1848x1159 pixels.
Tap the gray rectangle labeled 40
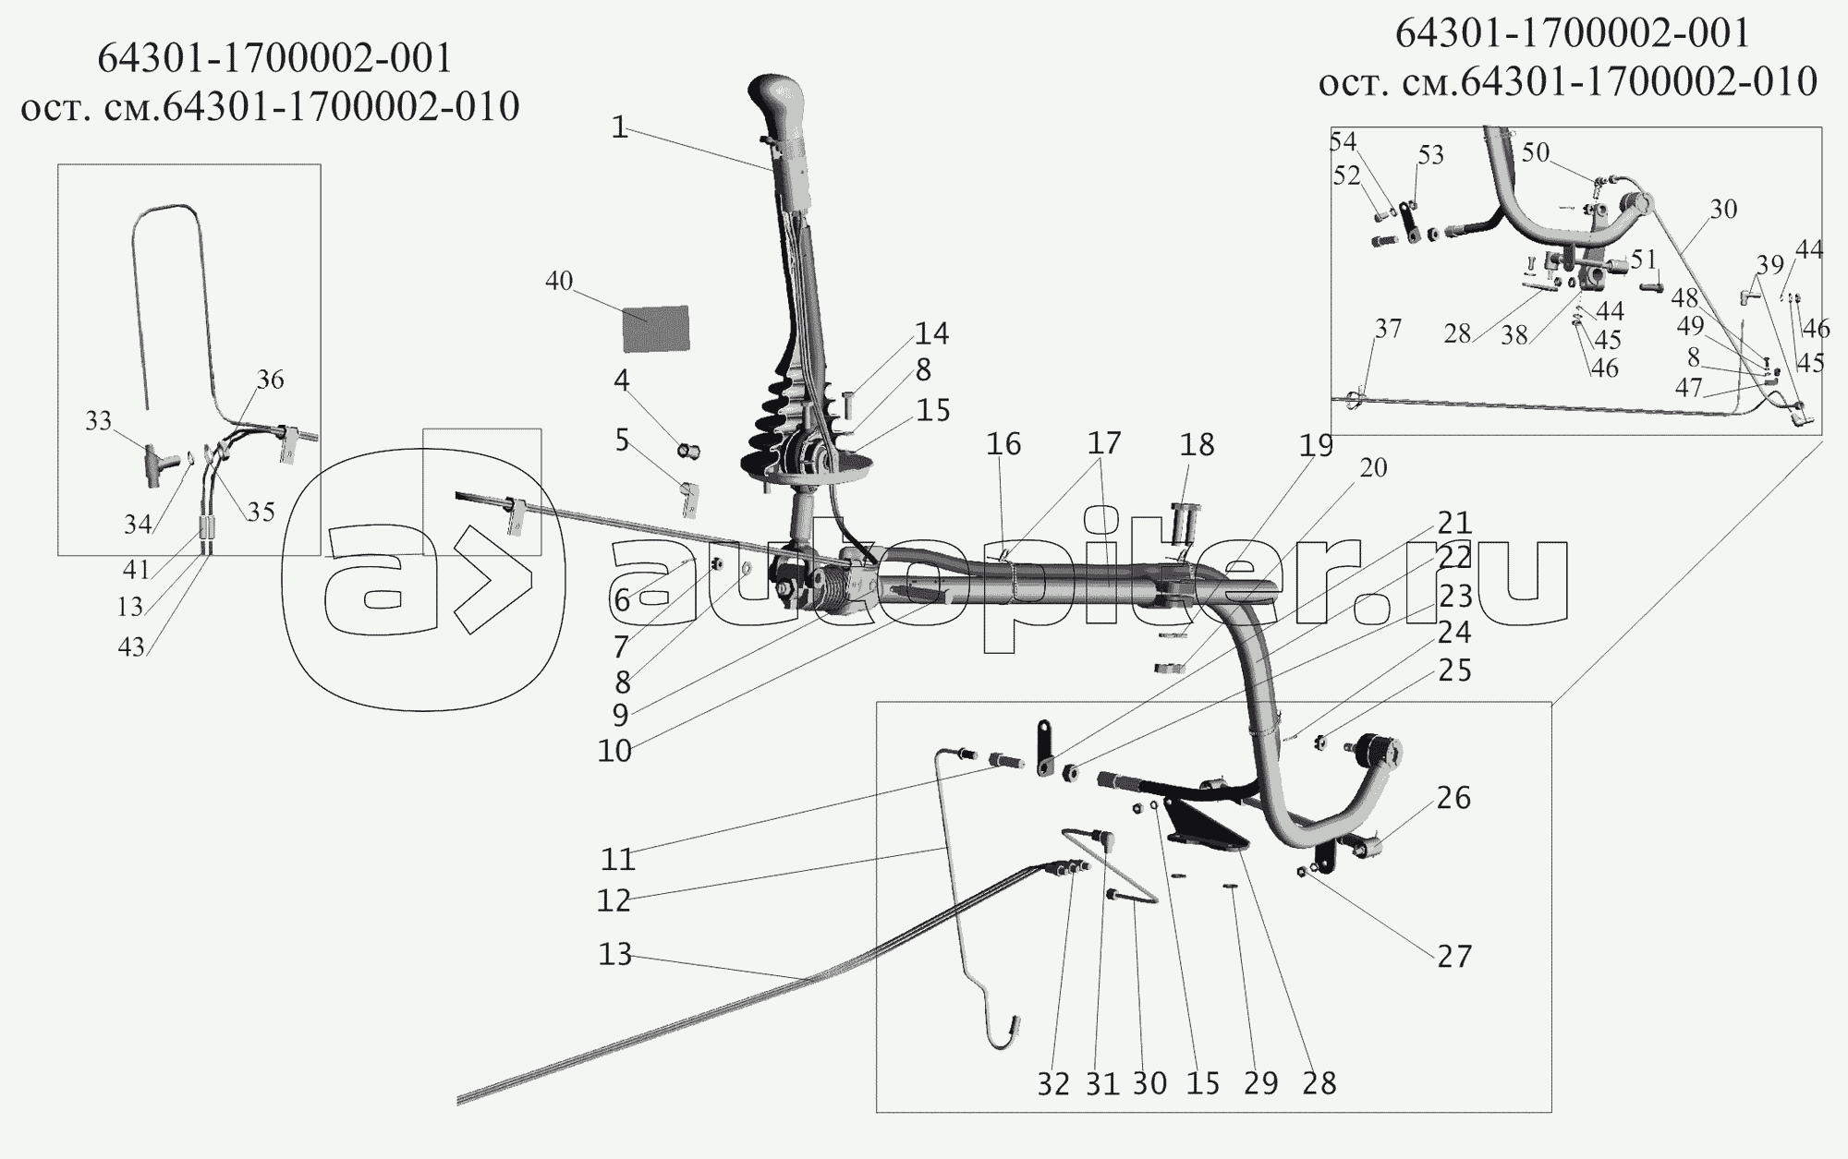click(656, 328)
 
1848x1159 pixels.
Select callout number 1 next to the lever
click(619, 128)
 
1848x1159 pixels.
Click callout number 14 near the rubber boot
click(932, 333)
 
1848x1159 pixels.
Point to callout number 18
click(1197, 445)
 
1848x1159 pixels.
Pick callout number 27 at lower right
click(1453, 955)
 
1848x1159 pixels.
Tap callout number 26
click(1453, 797)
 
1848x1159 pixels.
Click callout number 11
click(618, 859)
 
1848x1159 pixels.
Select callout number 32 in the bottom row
click(1052, 1083)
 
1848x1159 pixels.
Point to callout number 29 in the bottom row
click(1261, 1083)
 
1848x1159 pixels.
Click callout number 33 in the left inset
click(98, 421)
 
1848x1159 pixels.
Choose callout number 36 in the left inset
click(271, 380)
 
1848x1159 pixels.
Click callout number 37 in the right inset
click(1388, 329)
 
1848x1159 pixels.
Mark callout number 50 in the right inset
click(1536, 152)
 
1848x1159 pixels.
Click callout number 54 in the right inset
click(1343, 141)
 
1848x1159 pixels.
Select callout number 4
click(622, 380)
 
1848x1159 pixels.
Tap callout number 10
click(614, 750)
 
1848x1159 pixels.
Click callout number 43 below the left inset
click(131, 646)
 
